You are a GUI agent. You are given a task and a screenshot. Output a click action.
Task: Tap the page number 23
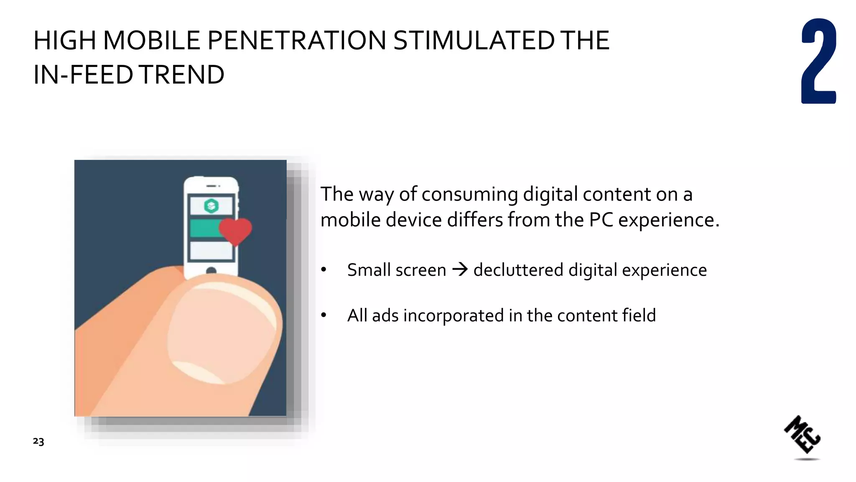(38, 441)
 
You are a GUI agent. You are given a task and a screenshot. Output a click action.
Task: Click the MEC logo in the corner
(802, 435)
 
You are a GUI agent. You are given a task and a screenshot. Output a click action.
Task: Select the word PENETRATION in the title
(296, 41)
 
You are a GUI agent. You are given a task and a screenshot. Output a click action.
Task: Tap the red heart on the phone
(235, 231)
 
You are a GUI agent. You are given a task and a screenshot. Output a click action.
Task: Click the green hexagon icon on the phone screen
(211, 205)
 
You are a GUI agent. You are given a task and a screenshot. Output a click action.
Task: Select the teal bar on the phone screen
(205, 228)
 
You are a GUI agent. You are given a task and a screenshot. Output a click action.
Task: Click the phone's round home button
(211, 271)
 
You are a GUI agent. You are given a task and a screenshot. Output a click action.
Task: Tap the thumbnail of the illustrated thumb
(222, 331)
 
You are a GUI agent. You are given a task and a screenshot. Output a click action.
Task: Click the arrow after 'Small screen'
(460, 269)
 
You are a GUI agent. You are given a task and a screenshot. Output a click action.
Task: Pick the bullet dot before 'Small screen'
(324, 270)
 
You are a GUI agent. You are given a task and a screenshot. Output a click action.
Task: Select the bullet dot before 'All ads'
(324, 315)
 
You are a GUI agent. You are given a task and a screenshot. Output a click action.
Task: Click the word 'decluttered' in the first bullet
(518, 270)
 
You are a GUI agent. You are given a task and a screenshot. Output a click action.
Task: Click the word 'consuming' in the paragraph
(470, 195)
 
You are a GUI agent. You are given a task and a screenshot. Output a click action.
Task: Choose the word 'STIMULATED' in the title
(474, 41)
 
